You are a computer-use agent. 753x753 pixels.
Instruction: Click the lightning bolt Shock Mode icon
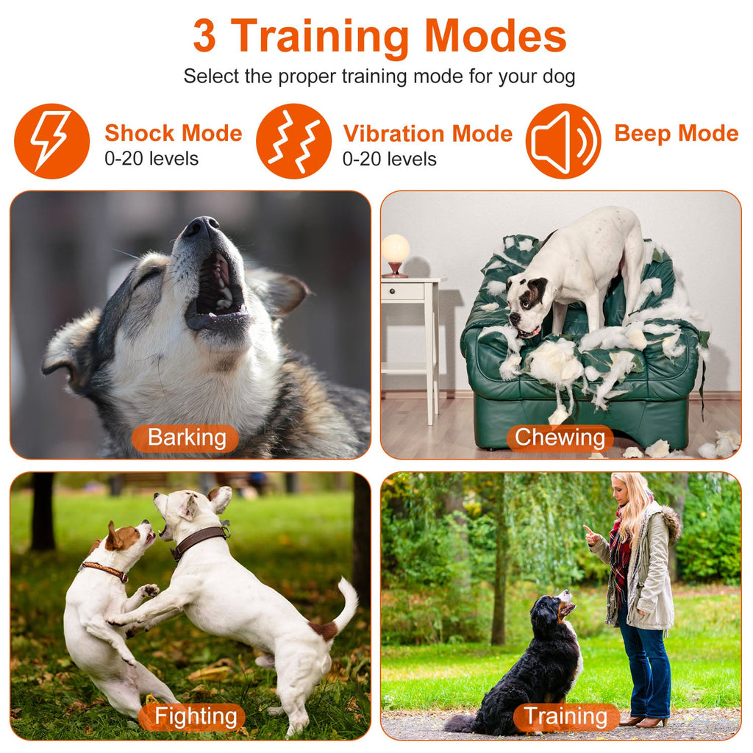pyautogui.click(x=51, y=140)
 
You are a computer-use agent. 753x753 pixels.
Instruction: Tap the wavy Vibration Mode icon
pyautogui.click(x=293, y=140)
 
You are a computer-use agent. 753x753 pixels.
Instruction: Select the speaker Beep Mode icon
pyautogui.click(x=563, y=140)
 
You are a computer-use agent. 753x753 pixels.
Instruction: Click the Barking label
pyautogui.click(x=186, y=438)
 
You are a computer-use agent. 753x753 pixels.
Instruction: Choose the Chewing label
pyautogui.click(x=560, y=438)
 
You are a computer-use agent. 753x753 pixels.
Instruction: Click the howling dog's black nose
pyautogui.click(x=201, y=226)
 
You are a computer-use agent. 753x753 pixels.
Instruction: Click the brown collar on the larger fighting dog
pyautogui.click(x=199, y=540)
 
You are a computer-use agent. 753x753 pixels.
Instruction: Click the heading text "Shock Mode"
pyautogui.click(x=173, y=133)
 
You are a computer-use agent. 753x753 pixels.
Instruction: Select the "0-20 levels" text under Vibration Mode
pyautogui.click(x=390, y=159)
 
